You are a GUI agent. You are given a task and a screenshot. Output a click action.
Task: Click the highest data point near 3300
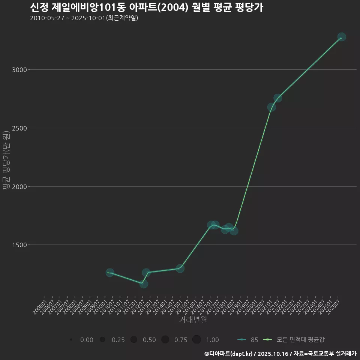[341, 37]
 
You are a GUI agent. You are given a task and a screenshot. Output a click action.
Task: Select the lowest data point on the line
[144, 284]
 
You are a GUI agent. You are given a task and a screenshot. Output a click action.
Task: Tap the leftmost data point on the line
[110, 273]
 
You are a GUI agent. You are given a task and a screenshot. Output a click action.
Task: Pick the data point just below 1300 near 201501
[180, 268]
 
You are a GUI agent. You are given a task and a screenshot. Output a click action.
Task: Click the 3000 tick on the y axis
[18, 70]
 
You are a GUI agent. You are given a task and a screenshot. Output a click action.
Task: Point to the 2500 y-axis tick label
[18, 128]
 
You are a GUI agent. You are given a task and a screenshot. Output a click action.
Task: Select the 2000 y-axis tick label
[18, 186]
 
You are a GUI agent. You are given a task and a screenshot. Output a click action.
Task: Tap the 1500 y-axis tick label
[18, 245]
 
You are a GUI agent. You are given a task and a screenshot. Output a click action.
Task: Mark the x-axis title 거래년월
[193, 320]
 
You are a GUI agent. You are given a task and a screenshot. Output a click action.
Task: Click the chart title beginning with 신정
[146, 7]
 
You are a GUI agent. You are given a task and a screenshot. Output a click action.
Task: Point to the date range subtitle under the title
[84, 18]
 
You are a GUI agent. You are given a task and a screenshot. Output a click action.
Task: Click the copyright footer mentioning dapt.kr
[280, 354]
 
